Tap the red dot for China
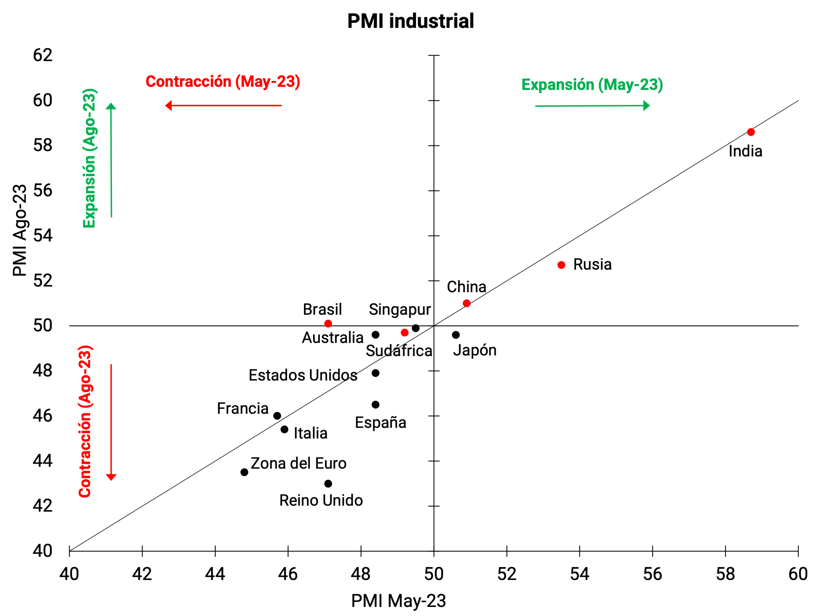pyautogui.click(x=466, y=303)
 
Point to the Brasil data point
pyautogui.click(x=328, y=324)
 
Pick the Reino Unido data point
pyautogui.click(x=328, y=484)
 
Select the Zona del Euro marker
pyautogui.click(x=244, y=472)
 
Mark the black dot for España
pyautogui.click(x=375, y=404)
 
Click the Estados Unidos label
pyautogui.click(x=303, y=375)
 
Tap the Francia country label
pyautogui.click(x=243, y=408)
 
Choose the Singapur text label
pyautogui.click(x=400, y=309)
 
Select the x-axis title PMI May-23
pyautogui.click(x=398, y=600)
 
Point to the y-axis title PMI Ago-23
pyautogui.click(x=20, y=230)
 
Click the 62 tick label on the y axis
pyautogui.click(x=43, y=55)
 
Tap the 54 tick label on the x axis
pyautogui.click(x=579, y=574)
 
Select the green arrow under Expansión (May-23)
pyautogui.click(x=592, y=106)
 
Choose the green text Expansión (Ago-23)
pyautogui.click(x=89, y=158)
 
